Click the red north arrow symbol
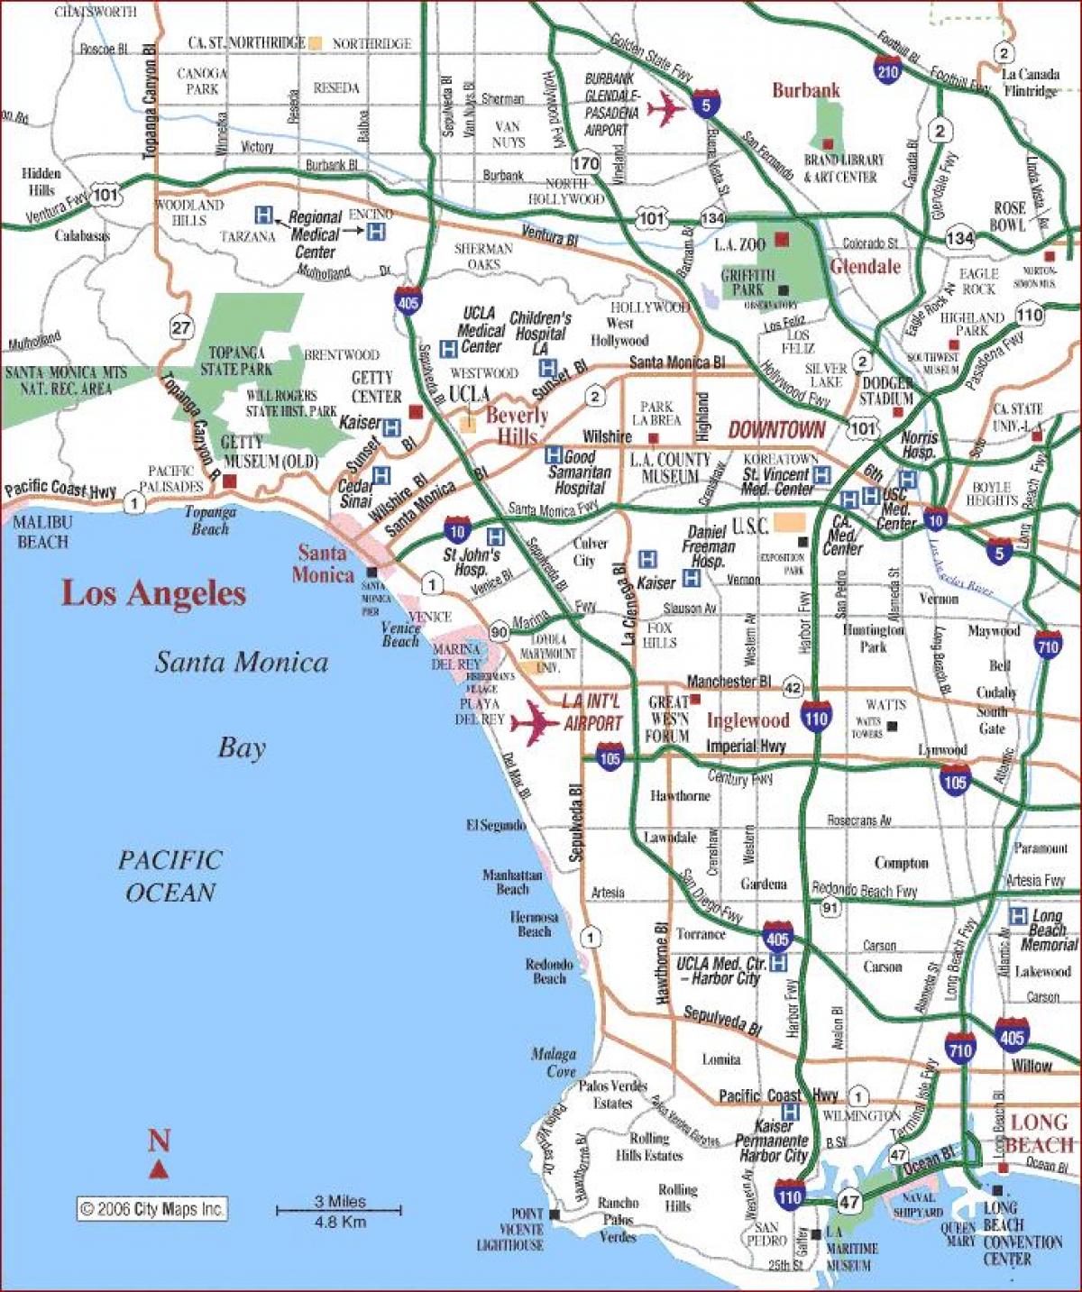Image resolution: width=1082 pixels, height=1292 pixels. pyautogui.click(x=159, y=1170)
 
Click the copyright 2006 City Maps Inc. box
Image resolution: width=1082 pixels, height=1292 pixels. pyautogui.click(x=151, y=1209)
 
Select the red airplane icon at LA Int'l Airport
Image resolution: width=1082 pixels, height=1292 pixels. pyautogui.click(x=535, y=721)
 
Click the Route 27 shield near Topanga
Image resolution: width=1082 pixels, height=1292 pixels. pyautogui.click(x=181, y=326)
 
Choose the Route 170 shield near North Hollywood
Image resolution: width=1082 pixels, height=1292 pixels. pyautogui.click(x=585, y=163)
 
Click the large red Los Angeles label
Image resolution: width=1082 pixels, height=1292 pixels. pyautogui.click(x=153, y=593)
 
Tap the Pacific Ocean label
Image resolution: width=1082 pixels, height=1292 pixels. pyautogui.click(x=170, y=875)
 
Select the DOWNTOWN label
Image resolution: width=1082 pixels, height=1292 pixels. pyautogui.click(x=776, y=430)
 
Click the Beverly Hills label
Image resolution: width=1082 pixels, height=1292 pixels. pyautogui.click(x=517, y=426)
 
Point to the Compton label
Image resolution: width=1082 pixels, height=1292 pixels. pyautogui.click(x=901, y=863)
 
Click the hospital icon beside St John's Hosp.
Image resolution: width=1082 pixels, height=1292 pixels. pyautogui.click(x=495, y=536)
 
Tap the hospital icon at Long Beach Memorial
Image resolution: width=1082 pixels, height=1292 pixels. pyautogui.click(x=1018, y=916)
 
